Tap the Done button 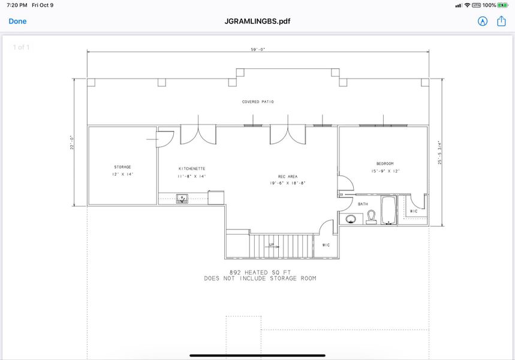pos(17,21)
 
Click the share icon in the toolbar pos(501,21)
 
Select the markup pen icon pos(482,21)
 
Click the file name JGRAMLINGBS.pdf pos(257,21)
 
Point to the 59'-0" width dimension pos(258,50)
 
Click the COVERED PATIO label pos(258,102)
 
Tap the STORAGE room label pos(122,167)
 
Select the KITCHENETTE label pos(192,169)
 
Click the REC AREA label pos(287,176)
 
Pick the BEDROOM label pos(385,163)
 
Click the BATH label pos(363,204)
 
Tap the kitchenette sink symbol pos(182,197)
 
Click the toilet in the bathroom pos(371,217)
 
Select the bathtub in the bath pos(388,210)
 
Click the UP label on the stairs pos(271,245)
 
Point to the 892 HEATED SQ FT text pos(260,272)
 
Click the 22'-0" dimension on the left pos(72,142)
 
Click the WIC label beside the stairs pos(326,245)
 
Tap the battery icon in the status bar pos(501,5)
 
